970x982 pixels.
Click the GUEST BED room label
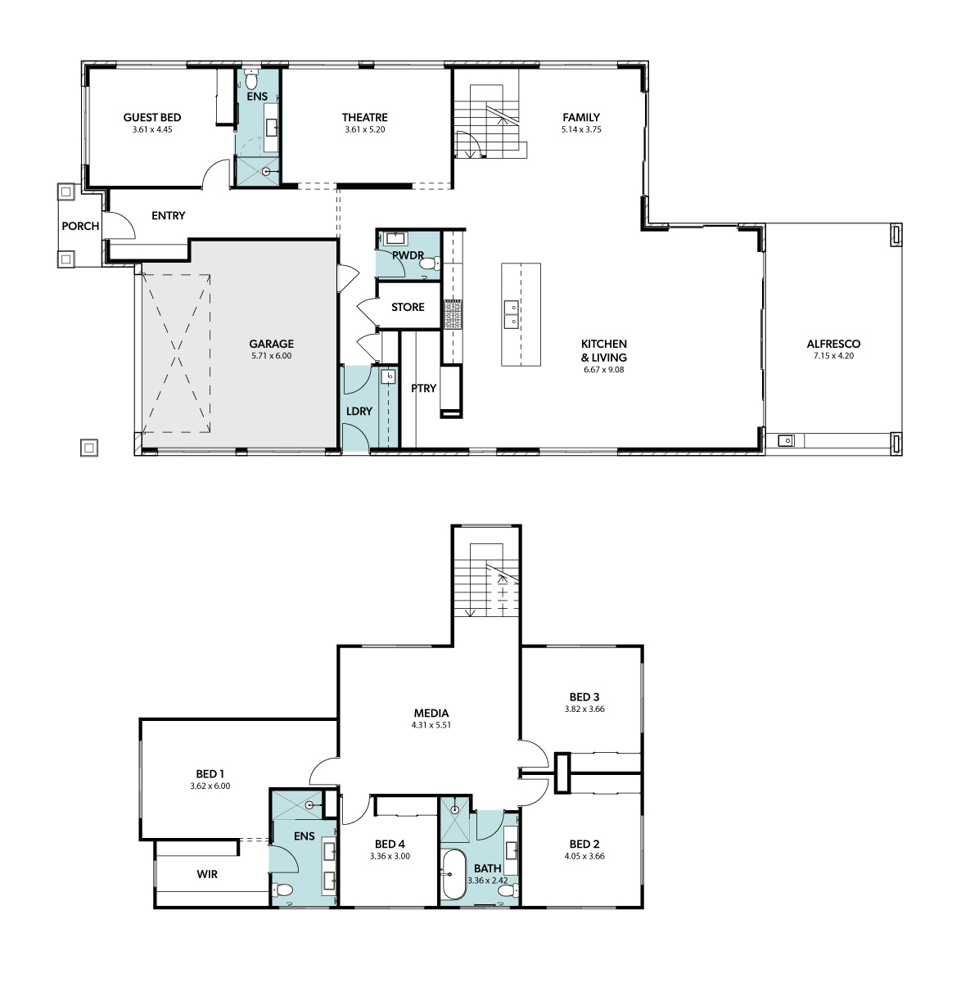pyautogui.click(x=152, y=117)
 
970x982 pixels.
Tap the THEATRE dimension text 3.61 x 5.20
pyautogui.click(x=364, y=129)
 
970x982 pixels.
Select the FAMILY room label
pyautogui.click(x=581, y=117)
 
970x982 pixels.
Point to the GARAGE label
pyautogui.click(x=271, y=344)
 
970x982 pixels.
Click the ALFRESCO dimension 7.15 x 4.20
pyautogui.click(x=833, y=356)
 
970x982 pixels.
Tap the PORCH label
pyautogui.click(x=80, y=226)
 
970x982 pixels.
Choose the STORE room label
pyautogui.click(x=408, y=307)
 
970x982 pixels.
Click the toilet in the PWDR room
pyautogui.click(x=432, y=264)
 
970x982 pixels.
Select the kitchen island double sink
pyautogui.click(x=511, y=314)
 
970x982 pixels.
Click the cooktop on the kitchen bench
pyautogui.click(x=453, y=314)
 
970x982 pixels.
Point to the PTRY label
pyautogui.click(x=424, y=389)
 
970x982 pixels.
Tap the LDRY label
pyautogui.click(x=359, y=412)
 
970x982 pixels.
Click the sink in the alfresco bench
pyautogui.click(x=786, y=440)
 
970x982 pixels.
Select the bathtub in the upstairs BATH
pyautogui.click(x=453, y=875)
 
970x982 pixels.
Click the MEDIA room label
pyautogui.click(x=431, y=713)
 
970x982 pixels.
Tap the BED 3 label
pyautogui.click(x=584, y=696)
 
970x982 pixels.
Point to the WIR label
pyautogui.click(x=207, y=875)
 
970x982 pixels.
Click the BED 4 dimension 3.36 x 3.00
pyautogui.click(x=390, y=856)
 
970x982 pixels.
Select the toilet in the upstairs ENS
pyautogui.click(x=282, y=890)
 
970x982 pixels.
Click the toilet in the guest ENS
pyautogui.click(x=252, y=81)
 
